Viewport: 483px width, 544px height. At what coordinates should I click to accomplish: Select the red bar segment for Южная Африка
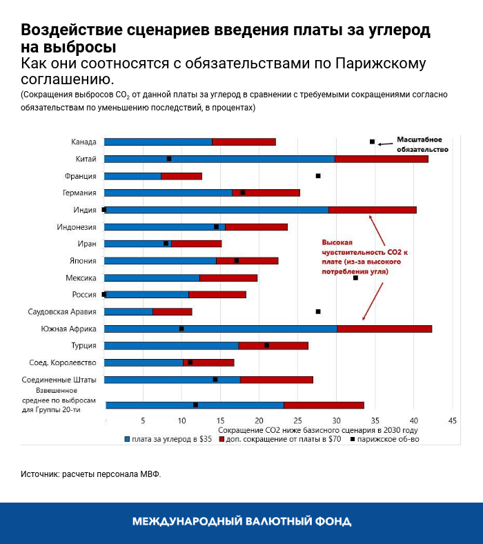pyautogui.click(x=384, y=329)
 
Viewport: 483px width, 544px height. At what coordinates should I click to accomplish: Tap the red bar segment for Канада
pyautogui.click(x=244, y=142)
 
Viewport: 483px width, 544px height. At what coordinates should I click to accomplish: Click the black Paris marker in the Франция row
pyautogui.click(x=318, y=176)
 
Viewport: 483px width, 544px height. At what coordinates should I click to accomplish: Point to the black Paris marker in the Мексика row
pyautogui.click(x=355, y=278)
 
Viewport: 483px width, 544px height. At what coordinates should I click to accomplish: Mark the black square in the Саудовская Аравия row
pyautogui.click(x=318, y=311)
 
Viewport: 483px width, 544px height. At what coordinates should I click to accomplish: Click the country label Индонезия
pyautogui.click(x=77, y=226)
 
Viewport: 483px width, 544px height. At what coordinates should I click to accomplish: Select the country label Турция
pyautogui.click(x=83, y=345)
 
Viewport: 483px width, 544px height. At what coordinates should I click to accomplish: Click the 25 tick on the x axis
pyautogui.click(x=298, y=420)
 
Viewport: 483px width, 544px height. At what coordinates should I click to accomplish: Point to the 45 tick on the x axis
pyautogui.click(x=453, y=420)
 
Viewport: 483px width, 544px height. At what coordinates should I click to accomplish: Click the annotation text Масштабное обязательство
pyautogui.click(x=422, y=144)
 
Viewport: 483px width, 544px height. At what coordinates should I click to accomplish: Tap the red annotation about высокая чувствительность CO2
pyautogui.click(x=364, y=258)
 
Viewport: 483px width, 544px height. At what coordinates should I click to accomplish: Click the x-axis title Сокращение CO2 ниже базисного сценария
pyautogui.click(x=318, y=429)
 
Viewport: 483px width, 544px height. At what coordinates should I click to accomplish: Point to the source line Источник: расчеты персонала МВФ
pyautogui.click(x=90, y=474)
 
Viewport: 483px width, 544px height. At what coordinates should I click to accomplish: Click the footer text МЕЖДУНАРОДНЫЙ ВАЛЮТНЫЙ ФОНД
pyautogui.click(x=241, y=521)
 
